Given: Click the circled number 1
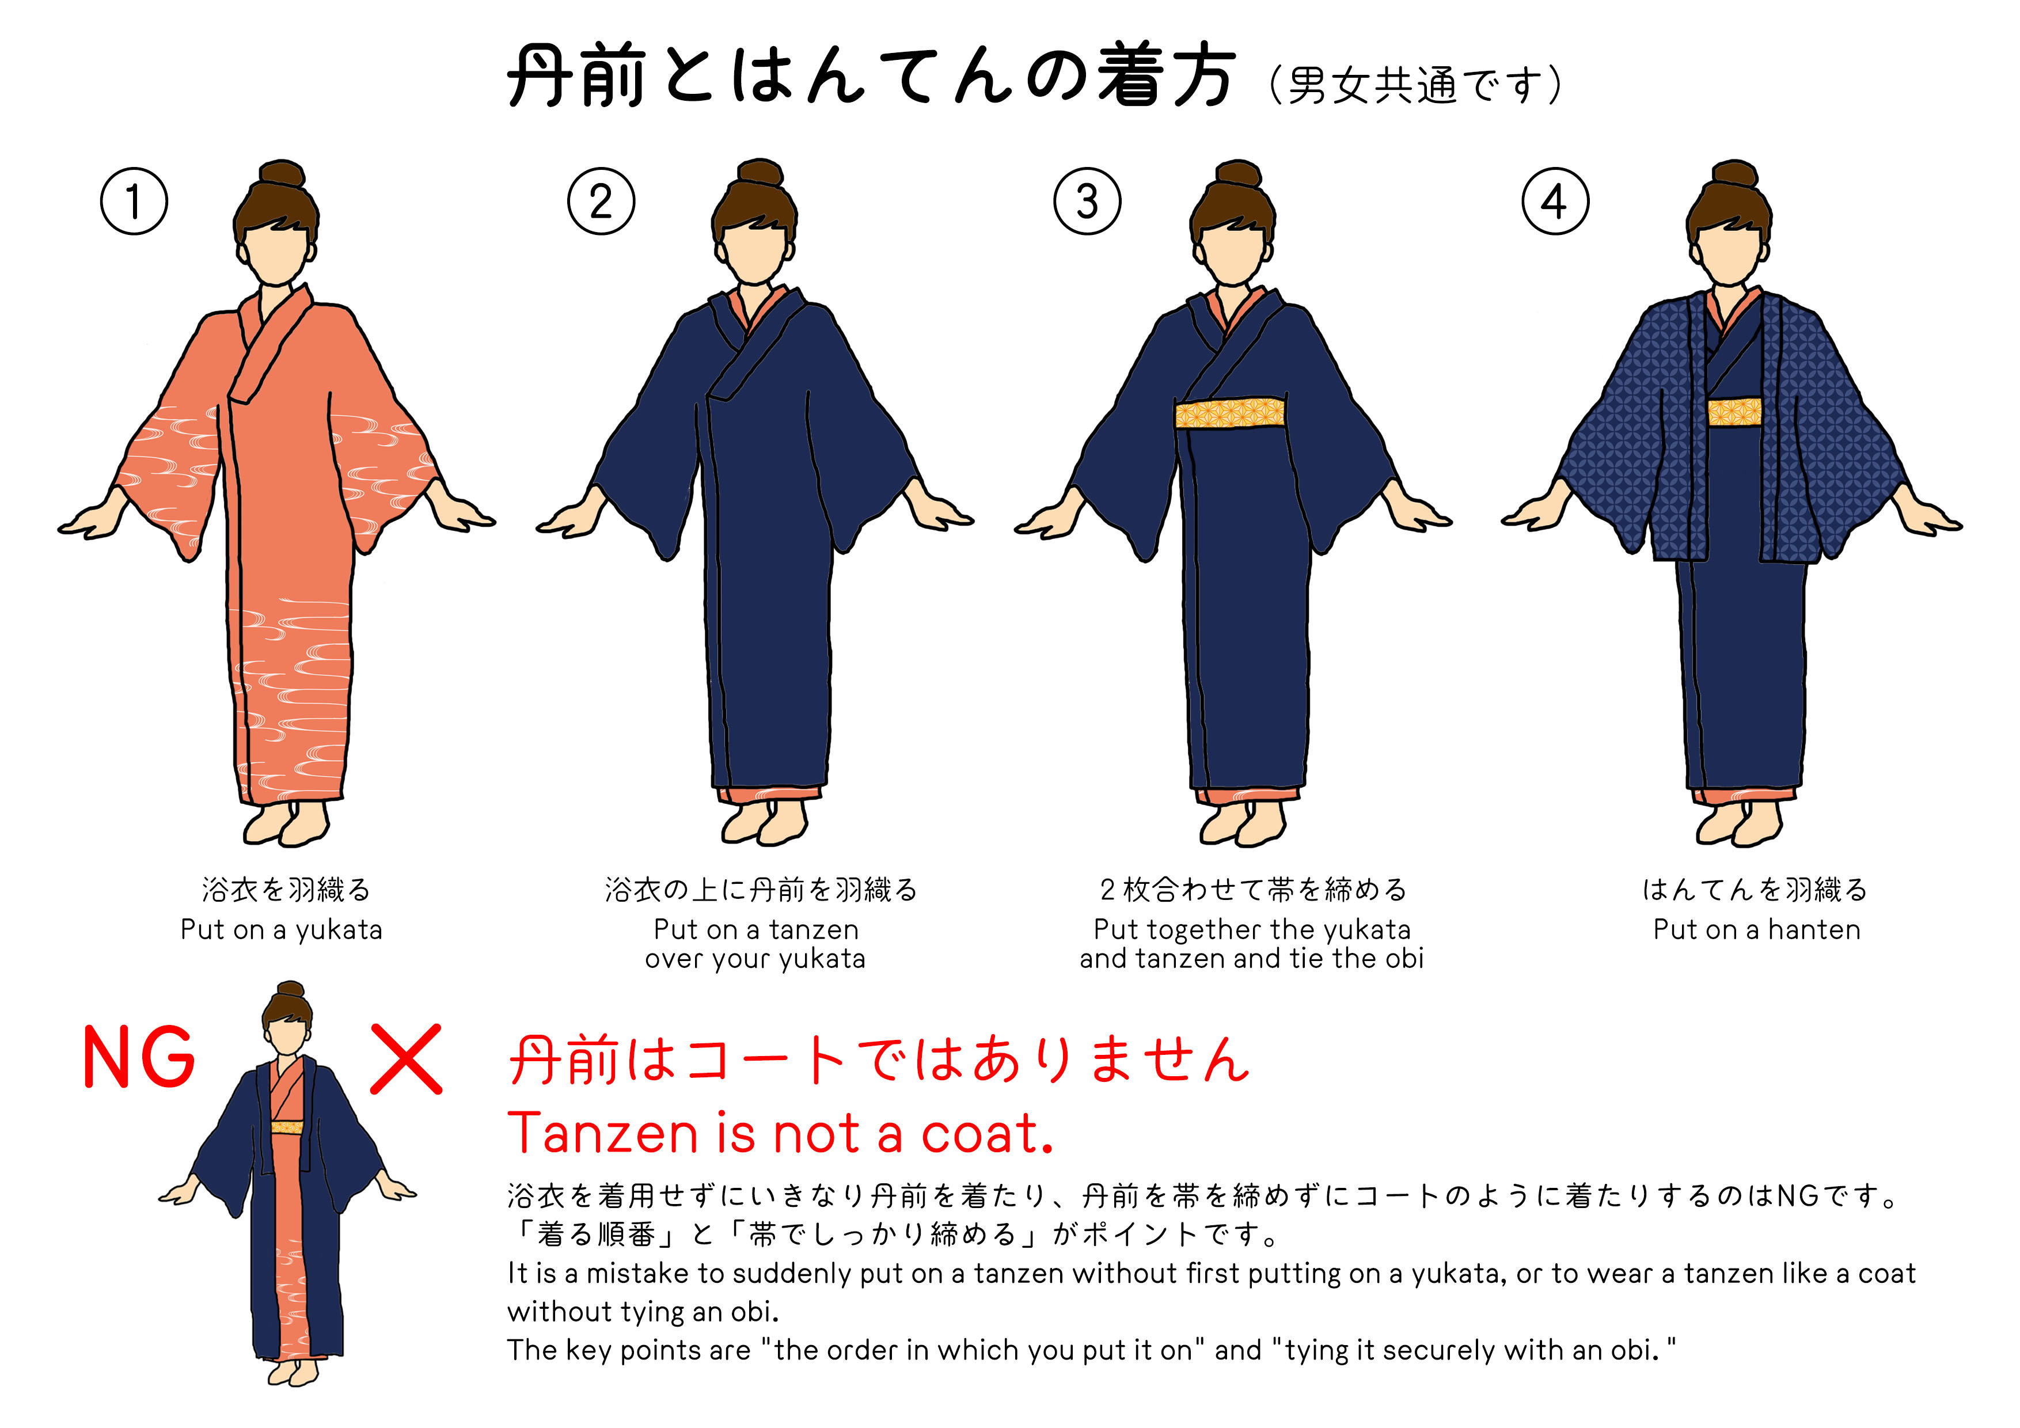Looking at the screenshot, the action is pos(134,202).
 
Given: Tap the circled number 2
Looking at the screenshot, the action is pos(601,202).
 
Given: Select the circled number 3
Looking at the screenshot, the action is pos(1087,202).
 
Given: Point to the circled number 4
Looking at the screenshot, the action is pos(1555,202).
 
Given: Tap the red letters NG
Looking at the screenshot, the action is pos(139,1058).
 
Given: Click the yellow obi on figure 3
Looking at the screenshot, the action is pos(1231,412).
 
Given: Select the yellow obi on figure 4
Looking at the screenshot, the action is pos(1734,411).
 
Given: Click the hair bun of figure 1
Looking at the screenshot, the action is pos(282,174).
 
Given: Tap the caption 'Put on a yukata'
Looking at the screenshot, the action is pos(282,930).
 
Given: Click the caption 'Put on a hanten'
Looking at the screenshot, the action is pos(1757,929).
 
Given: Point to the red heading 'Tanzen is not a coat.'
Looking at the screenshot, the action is pos(780,1133).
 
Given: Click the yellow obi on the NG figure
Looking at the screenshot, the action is pos(287,1127).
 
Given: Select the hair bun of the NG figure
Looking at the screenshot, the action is pos(290,991).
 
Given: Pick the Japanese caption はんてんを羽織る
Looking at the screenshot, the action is pos(1755,890).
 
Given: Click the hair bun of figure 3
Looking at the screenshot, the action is pos(1238,174).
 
